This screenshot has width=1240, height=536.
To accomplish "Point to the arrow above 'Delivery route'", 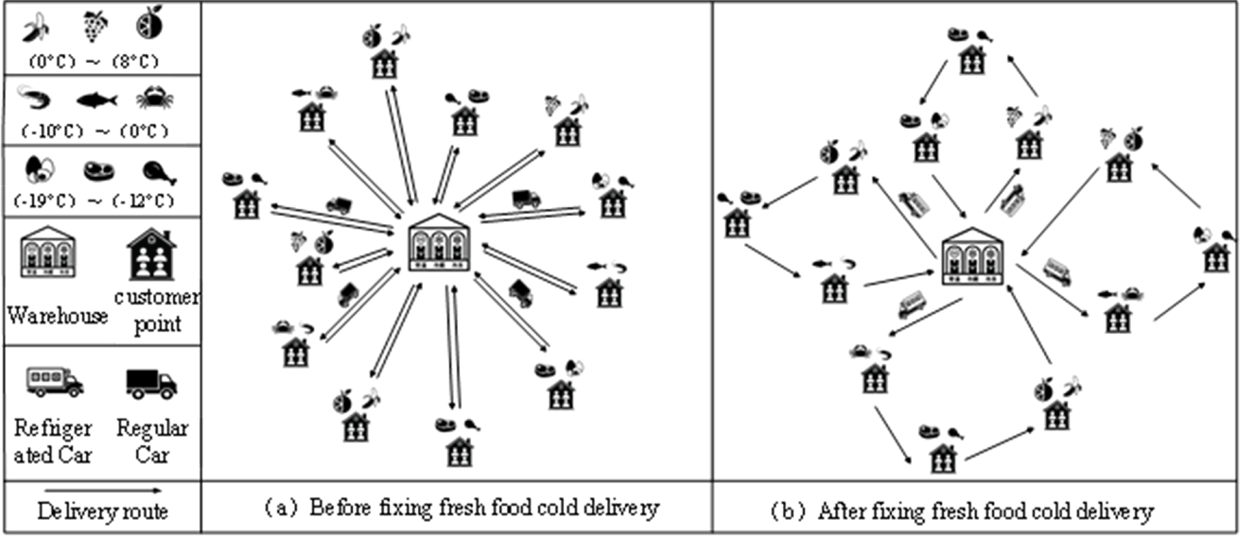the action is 103,491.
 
